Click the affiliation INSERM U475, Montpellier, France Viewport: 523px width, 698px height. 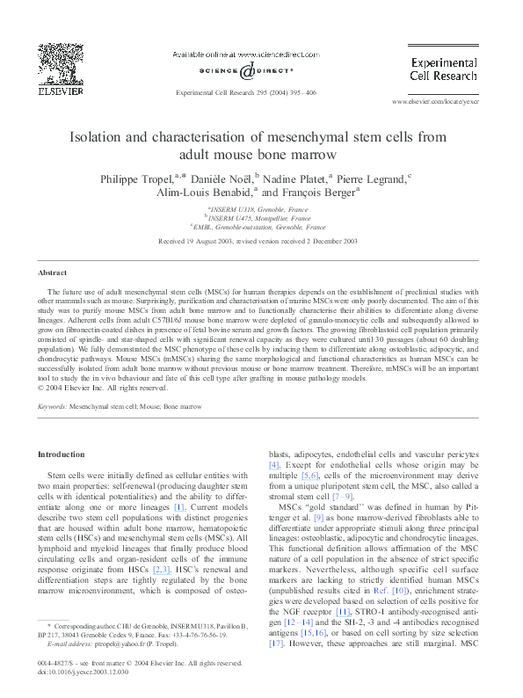pyautogui.click(x=258, y=217)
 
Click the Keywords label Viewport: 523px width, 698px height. pyautogui.click(x=53, y=407)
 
